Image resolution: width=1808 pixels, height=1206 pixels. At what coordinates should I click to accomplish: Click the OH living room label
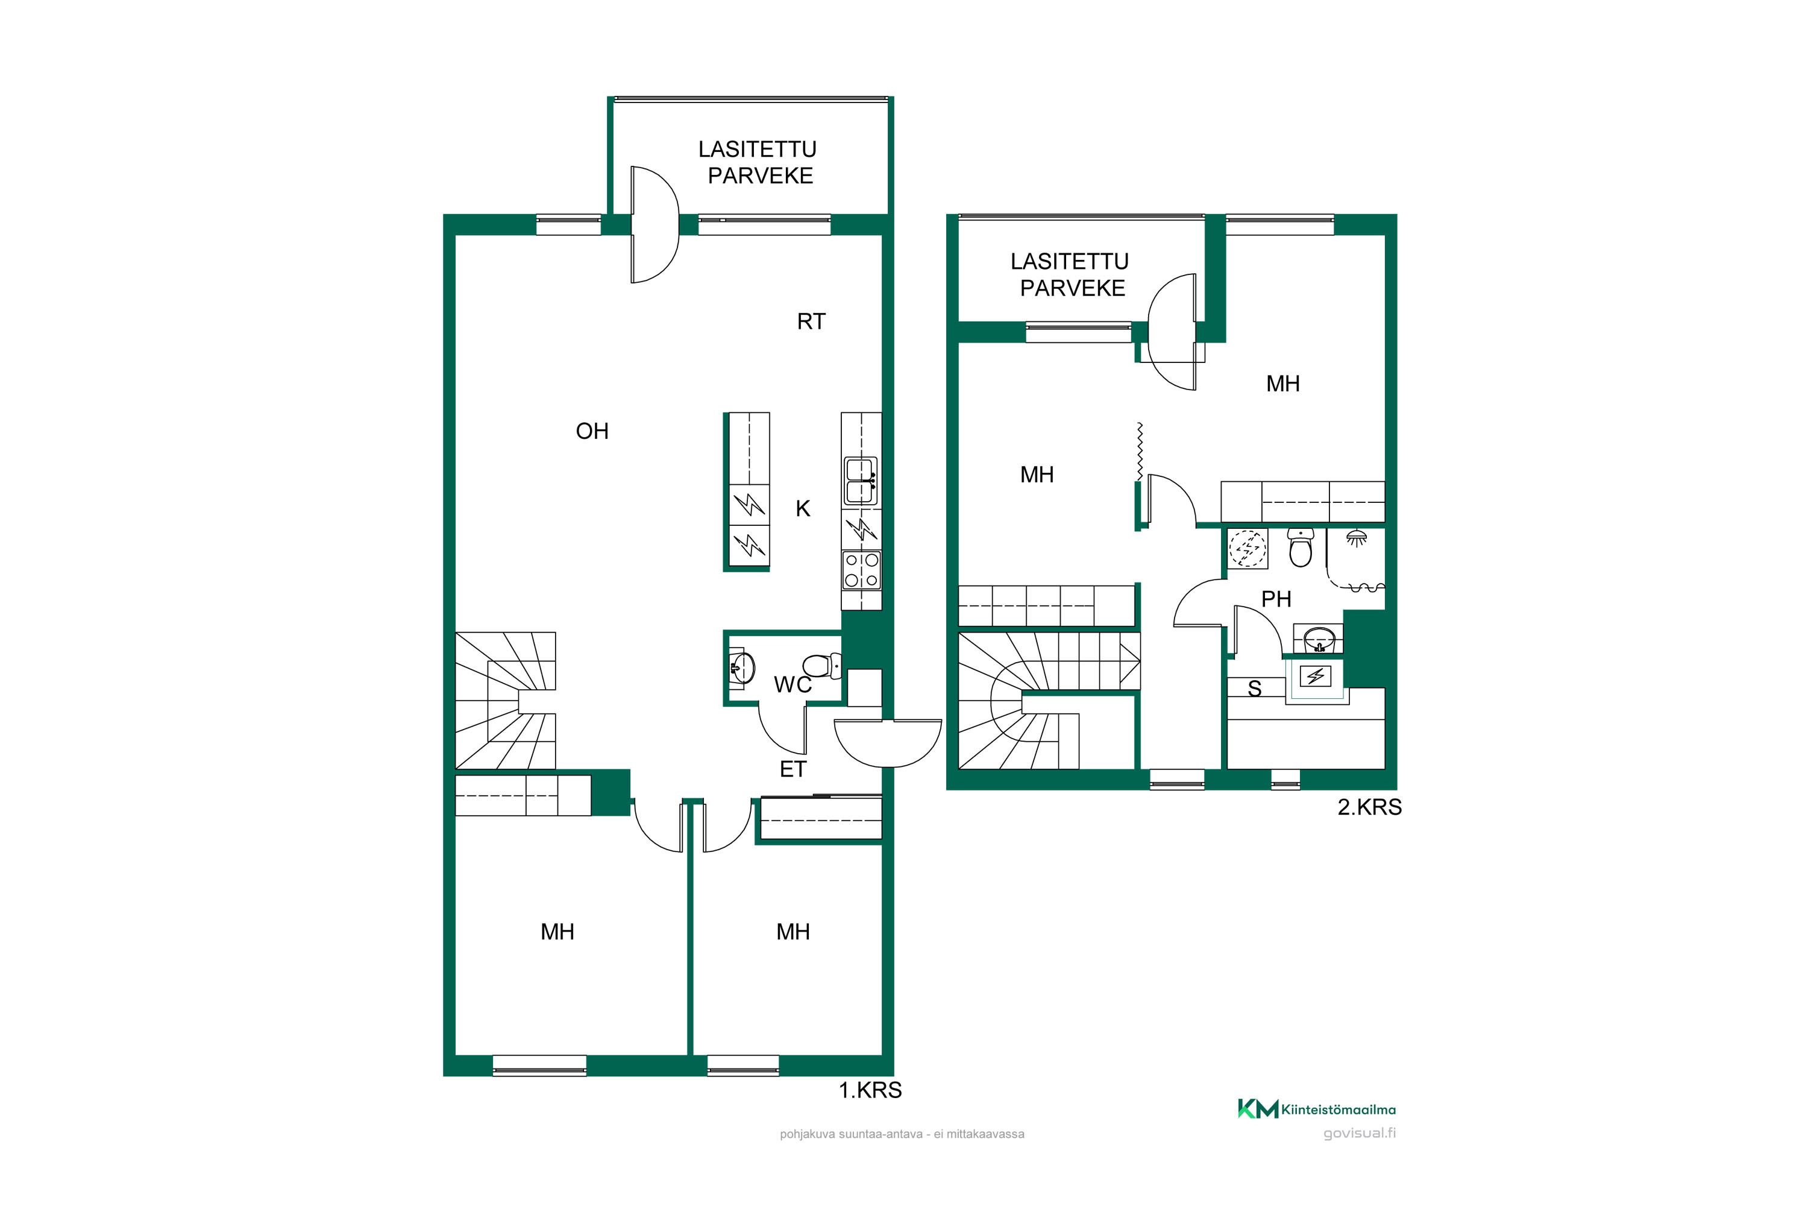592,431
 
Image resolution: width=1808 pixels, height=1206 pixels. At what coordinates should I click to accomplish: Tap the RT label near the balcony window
811,321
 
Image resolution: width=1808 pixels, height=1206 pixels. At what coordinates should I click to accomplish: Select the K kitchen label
803,508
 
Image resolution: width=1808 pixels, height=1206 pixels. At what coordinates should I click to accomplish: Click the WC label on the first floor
793,684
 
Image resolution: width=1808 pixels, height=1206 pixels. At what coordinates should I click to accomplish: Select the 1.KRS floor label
870,1090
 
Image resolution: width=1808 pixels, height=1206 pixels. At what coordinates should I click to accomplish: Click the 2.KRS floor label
1369,807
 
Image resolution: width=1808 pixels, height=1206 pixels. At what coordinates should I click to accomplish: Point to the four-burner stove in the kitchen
861,570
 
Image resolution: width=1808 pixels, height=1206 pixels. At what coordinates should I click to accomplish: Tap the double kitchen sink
861,481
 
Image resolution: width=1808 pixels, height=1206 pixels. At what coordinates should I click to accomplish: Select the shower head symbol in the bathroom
1356,537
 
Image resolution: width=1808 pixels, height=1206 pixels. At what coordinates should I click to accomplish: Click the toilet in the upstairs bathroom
1301,547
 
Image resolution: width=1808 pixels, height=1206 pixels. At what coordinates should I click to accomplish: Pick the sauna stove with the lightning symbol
1315,676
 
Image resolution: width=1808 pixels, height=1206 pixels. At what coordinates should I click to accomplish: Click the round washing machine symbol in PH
1247,548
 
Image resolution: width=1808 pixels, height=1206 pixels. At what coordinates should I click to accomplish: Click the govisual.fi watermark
1359,1133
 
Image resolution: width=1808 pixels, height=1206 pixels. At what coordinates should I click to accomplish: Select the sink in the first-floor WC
741,668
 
